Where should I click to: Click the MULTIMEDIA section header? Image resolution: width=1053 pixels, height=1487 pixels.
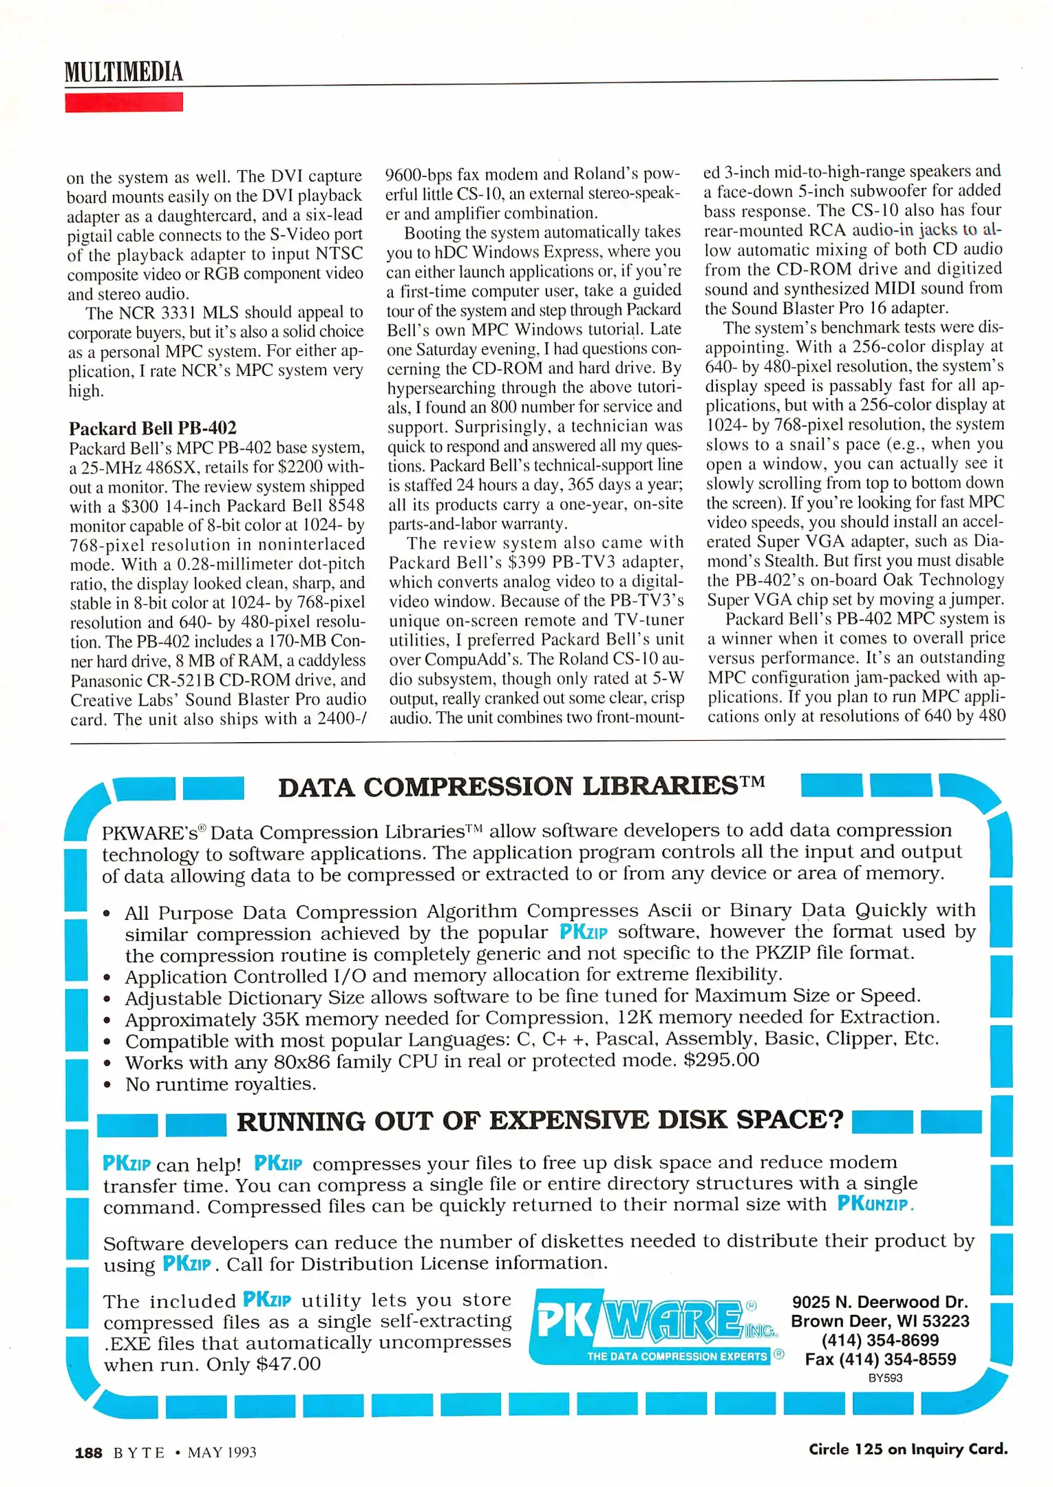tap(124, 72)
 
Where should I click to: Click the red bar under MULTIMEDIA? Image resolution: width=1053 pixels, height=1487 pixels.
tap(124, 103)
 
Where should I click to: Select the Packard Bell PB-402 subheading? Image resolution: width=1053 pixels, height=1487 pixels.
tap(152, 428)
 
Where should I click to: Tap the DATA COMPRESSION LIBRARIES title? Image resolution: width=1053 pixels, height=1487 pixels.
tap(521, 785)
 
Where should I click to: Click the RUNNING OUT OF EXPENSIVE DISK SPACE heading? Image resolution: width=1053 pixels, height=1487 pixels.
tap(540, 1120)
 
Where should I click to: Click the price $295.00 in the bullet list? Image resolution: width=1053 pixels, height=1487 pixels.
tap(721, 1059)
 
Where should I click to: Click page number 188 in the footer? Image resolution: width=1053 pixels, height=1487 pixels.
tap(88, 1453)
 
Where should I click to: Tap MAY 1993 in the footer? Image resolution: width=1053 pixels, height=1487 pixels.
tap(222, 1453)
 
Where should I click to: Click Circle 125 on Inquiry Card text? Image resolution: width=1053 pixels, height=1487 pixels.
tap(907, 1449)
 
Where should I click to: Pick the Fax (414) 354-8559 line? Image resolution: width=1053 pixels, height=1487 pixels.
tap(880, 1359)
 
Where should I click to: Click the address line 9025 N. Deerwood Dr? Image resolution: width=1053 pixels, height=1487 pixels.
tap(880, 1302)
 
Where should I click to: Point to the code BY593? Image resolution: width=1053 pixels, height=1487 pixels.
tap(884, 1378)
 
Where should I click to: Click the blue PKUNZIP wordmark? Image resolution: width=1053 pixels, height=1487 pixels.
tap(874, 1204)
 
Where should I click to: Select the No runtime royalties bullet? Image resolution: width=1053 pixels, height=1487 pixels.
tap(220, 1084)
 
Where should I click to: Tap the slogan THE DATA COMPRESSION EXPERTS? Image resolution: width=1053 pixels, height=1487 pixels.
tap(676, 1356)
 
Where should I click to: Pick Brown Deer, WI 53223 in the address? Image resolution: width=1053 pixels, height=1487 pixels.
tap(880, 1321)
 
